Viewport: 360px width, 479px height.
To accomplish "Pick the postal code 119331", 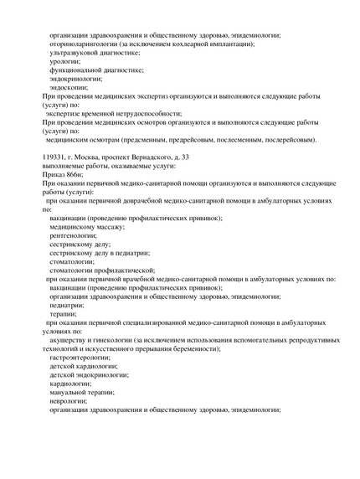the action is (x=56, y=157).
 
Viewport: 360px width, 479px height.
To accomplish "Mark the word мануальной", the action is (x=70, y=392).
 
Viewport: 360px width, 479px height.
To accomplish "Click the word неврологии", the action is (x=69, y=400).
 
